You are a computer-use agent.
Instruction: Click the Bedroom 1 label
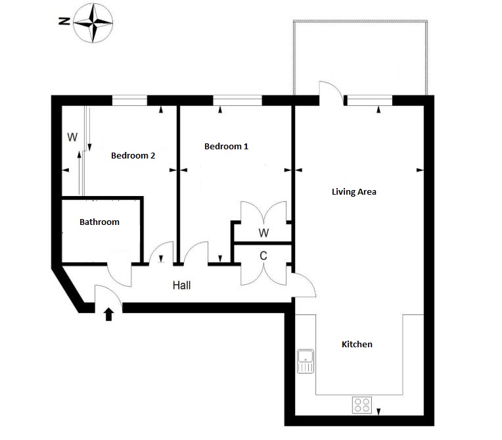point(226,147)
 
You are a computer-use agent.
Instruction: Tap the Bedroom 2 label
point(133,156)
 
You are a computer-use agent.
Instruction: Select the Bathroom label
point(99,222)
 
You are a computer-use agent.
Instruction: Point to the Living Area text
point(354,191)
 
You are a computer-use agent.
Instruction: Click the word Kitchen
point(357,344)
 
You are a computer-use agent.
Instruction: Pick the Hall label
point(181,285)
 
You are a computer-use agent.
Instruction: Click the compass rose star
point(93,23)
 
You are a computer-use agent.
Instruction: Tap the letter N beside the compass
point(64,22)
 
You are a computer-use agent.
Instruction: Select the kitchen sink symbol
point(306,361)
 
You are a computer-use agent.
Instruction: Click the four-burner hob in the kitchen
point(362,404)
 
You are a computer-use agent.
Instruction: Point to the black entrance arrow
point(109,314)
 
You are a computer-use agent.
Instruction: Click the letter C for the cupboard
point(263,256)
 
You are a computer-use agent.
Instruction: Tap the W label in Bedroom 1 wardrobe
point(263,233)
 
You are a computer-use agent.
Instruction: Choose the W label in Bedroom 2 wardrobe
point(72,137)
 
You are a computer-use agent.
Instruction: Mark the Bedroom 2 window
point(129,101)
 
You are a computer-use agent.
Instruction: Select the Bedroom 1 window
point(237,101)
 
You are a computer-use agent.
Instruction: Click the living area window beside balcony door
point(370,101)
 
